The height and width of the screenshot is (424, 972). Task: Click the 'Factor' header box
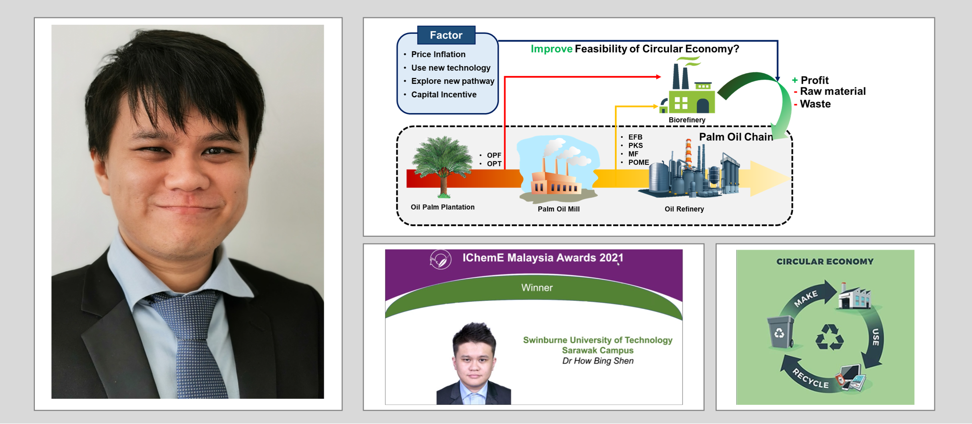[446, 35]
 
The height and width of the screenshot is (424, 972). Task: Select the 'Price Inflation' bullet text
[438, 54]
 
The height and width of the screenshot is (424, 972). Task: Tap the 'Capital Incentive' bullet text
[444, 95]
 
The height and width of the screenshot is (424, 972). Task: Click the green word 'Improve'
[551, 49]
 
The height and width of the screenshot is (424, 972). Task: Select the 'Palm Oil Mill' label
[559, 209]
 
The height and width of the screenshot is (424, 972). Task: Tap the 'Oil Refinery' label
[684, 209]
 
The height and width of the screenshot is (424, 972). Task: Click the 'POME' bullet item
[638, 163]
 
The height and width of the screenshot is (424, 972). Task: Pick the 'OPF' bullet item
[494, 155]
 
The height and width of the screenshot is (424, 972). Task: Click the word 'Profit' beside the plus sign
[815, 80]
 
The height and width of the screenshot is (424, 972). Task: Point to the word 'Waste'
[815, 104]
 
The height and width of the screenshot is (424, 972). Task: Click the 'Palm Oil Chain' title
[736, 137]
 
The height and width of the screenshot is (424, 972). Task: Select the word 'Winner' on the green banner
[537, 288]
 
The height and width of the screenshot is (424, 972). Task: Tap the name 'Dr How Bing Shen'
[598, 361]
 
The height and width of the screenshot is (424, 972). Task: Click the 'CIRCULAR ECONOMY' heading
[825, 261]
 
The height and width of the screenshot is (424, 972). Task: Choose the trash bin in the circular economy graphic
[780, 332]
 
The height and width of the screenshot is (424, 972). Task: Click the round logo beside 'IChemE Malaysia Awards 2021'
[440, 260]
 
